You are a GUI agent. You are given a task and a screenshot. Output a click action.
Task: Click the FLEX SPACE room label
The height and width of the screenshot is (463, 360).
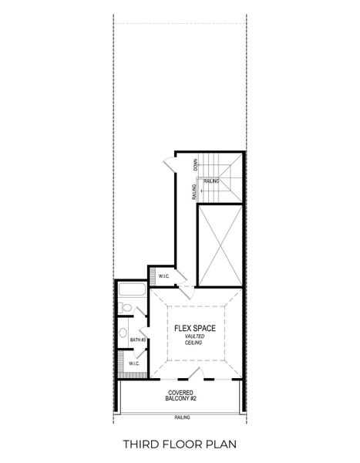(194, 328)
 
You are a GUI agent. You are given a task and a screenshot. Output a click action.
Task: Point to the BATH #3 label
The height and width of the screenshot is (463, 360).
(137, 340)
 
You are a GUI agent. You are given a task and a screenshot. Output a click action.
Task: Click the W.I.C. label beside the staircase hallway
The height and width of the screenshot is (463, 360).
(163, 276)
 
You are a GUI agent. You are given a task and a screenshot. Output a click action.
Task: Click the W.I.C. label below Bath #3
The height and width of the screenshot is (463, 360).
(134, 363)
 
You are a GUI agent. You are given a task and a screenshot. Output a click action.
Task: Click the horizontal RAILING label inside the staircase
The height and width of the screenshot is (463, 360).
(211, 181)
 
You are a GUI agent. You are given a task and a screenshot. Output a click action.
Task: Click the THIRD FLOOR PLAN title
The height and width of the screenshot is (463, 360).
(180, 444)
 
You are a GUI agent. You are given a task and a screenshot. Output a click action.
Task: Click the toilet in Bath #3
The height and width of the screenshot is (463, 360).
(126, 309)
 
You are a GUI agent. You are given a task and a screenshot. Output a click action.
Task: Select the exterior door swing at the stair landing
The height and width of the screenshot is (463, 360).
(169, 164)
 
